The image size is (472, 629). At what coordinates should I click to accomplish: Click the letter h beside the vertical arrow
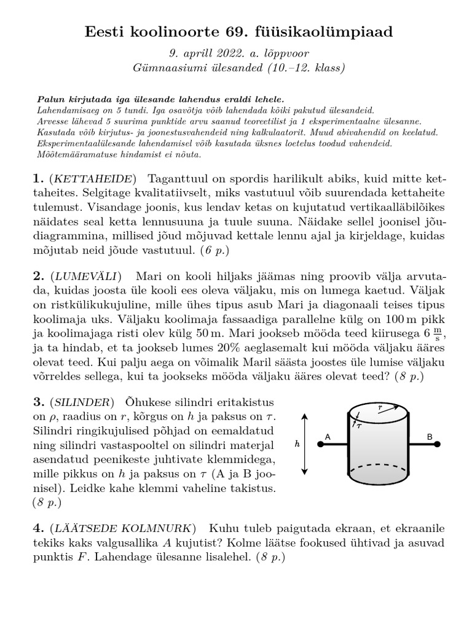click(297, 444)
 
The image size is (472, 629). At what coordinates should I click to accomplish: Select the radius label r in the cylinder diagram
click(382, 407)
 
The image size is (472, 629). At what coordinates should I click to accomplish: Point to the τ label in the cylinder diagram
click(360, 424)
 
